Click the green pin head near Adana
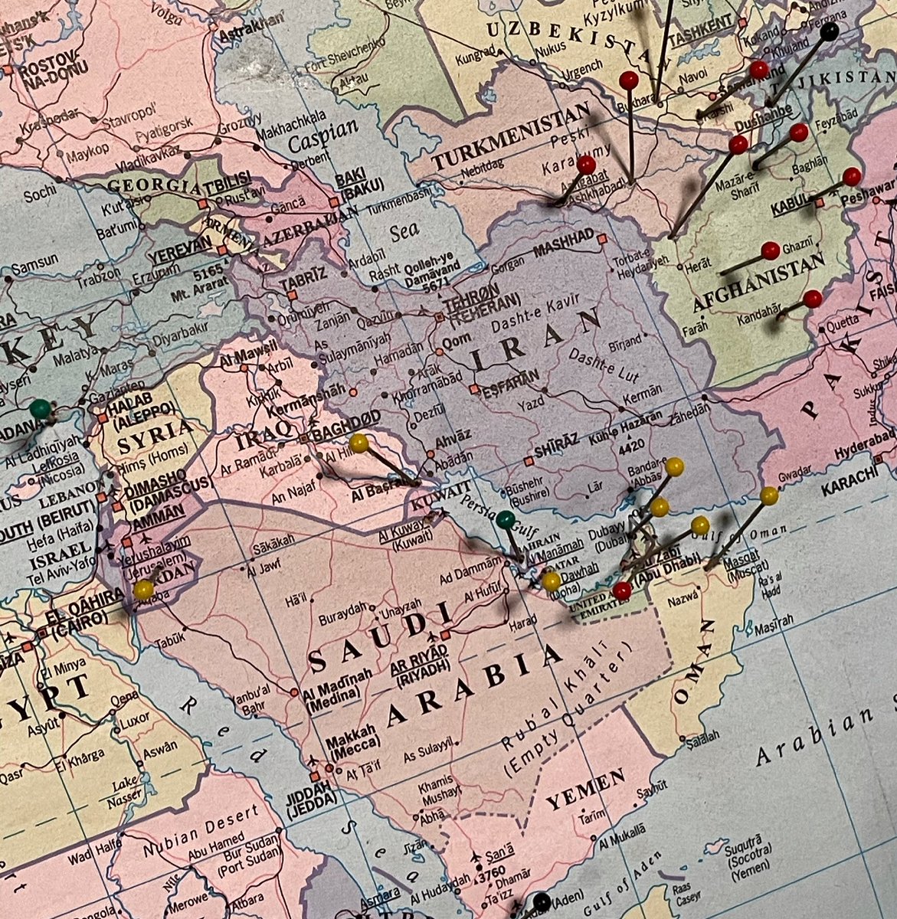pos(40,408)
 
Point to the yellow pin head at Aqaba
pos(143,590)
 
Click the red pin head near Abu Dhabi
pos(622,590)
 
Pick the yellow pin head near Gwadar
pos(769,495)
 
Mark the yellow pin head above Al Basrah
pos(358,443)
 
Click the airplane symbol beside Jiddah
pos(313,760)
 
